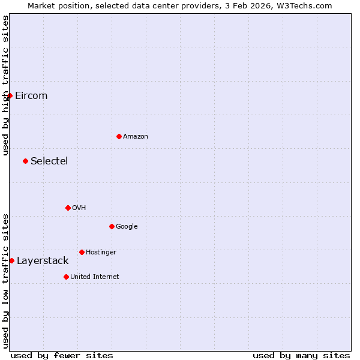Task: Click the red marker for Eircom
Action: [x=10, y=95]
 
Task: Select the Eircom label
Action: [x=31, y=96]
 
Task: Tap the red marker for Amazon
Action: [x=119, y=136]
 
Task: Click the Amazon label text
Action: [x=136, y=137]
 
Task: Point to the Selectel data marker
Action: [x=25, y=161]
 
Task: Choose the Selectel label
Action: [x=49, y=161]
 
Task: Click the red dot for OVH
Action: [x=68, y=208]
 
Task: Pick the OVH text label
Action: [x=79, y=208]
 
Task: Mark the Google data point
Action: [x=112, y=226]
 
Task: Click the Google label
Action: [x=127, y=227]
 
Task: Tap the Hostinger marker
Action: [x=82, y=252]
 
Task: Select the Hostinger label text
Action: [x=101, y=253]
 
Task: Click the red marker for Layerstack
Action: [x=11, y=260]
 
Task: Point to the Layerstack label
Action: [x=43, y=261]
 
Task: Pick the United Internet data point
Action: [x=66, y=277]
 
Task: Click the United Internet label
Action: [x=95, y=277]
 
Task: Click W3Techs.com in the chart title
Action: [x=310, y=5]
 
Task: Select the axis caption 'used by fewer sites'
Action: [x=62, y=355]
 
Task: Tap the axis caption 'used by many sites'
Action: [x=301, y=355]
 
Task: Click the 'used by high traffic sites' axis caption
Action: [x=5, y=86]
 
